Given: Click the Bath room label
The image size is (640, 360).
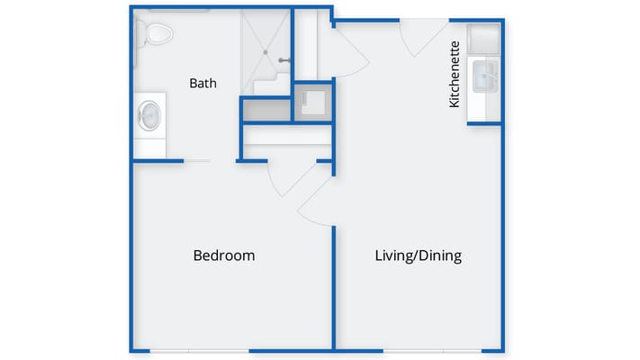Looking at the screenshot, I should [203, 83].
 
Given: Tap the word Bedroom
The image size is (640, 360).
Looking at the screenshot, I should [224, 256].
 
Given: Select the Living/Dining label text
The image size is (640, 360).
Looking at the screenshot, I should [418, 256].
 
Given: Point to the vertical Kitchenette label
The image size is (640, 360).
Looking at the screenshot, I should [455, 74].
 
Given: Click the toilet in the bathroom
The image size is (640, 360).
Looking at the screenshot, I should [157, 34].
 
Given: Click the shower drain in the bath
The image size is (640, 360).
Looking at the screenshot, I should [266, 51].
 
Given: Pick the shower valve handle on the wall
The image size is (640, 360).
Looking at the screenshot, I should [284, 61].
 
